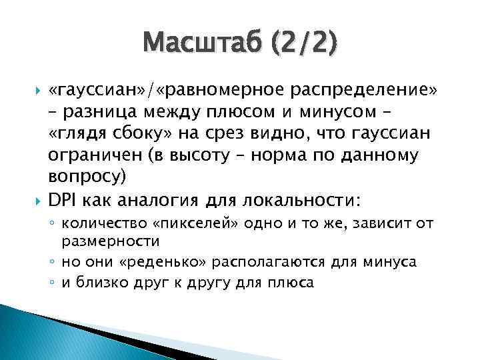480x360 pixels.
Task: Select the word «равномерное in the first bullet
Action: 216,90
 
